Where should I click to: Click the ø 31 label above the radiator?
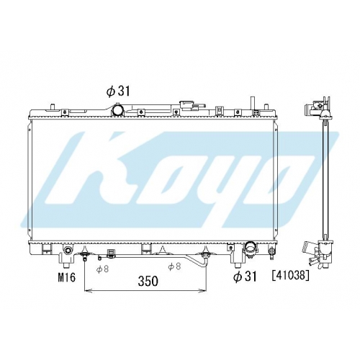[118, 91]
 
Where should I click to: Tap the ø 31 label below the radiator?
[245, 276]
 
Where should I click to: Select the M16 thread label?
[67, 277]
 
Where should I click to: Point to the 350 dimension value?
[148, 281]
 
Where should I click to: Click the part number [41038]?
[290, 276]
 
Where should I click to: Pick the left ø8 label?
[102, 269]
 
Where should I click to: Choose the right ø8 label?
[174, 266]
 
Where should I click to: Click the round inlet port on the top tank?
[118, 110]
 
